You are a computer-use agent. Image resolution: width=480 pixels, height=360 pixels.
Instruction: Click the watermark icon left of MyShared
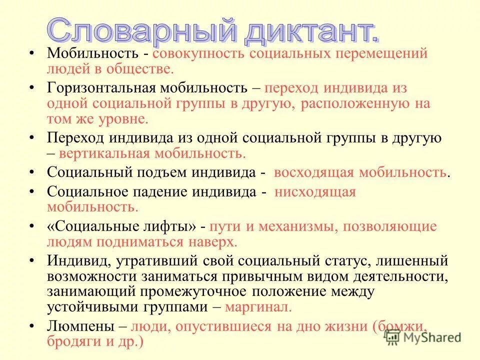click(x=392, y=338)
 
